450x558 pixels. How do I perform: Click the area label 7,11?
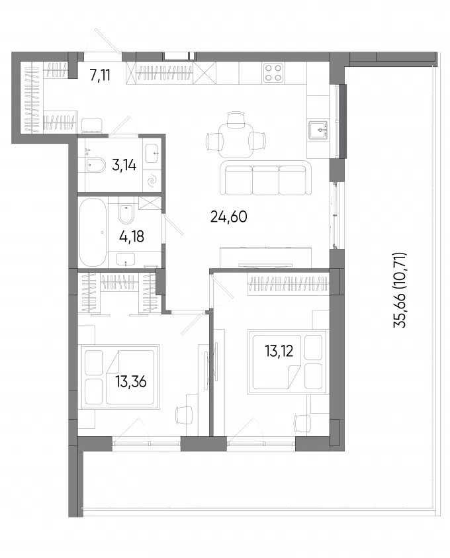click(x=100, y=75)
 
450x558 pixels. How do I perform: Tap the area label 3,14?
click(x=124, y=165)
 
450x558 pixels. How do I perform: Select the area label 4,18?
click(x=132, y=236)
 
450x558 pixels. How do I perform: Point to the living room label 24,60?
click(x=229, y=216)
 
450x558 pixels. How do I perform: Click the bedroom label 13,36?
click(x=131, y=382)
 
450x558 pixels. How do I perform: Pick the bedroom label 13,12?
click(x=279, y=351)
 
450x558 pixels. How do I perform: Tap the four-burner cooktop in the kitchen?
click(x=273, y=73)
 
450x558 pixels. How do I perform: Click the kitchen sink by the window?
click(x=318, y=130)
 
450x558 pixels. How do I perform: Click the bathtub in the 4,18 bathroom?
click(x=93, y=232)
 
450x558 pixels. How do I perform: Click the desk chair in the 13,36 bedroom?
click(x=183, y=415)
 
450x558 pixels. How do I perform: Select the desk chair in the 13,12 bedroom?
click(x=302, y=424)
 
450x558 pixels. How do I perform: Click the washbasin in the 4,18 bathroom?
click(x=126, y=259)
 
